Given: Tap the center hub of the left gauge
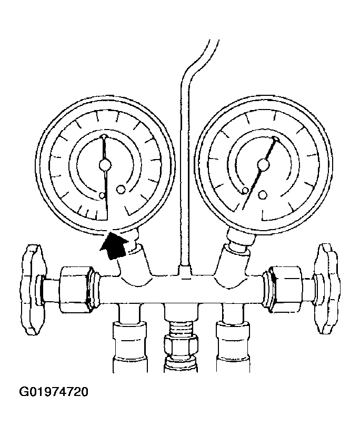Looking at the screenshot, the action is (x=105, y=165).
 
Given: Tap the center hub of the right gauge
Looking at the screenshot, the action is (x=263, y=165).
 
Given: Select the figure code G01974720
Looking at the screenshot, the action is (x=54, y=392).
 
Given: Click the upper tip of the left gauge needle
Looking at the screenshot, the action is (x=104, y=136).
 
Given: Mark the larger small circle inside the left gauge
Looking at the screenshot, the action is (x=121, y=190).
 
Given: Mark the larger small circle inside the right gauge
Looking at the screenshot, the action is (x=262, y=195).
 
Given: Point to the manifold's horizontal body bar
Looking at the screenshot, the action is (x=181, y=289).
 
